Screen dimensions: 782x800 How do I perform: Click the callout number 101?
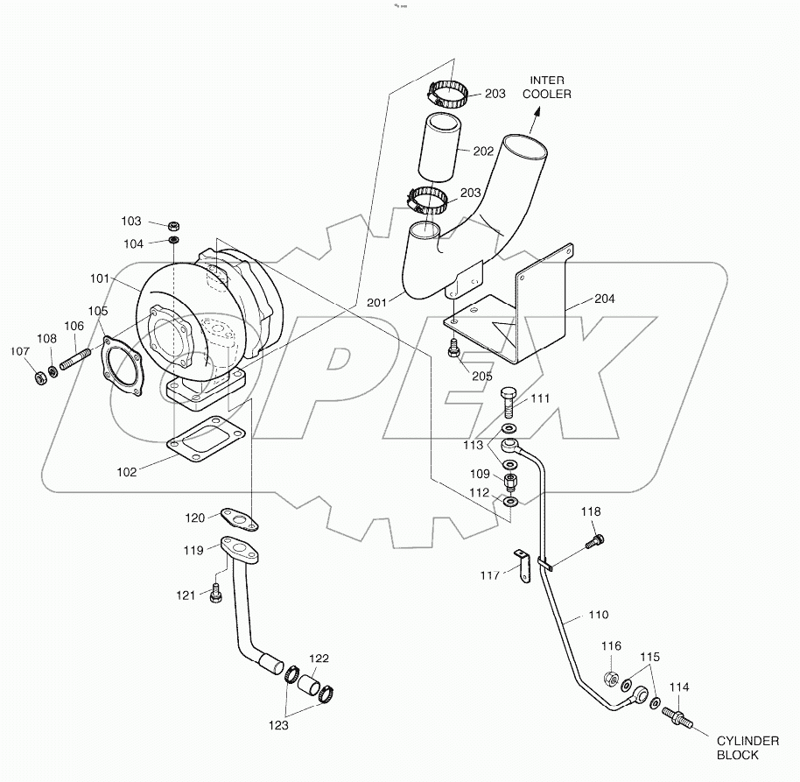click(99, 278)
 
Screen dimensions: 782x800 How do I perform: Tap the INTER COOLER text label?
click(547, 87)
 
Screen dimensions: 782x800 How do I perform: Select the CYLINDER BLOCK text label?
click(748, 747)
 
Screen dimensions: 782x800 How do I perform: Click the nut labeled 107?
click(39, 378)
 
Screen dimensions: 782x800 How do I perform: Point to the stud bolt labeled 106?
click(75, 359)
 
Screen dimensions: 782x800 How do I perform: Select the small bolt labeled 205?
click(453, 348)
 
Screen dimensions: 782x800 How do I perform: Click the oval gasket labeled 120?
click(238, 518)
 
